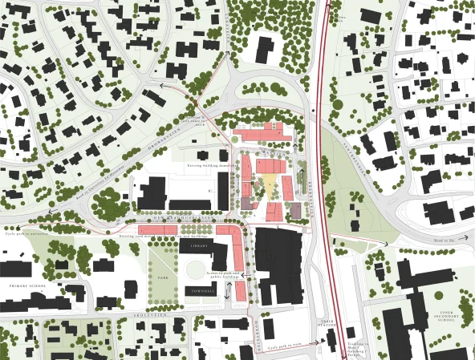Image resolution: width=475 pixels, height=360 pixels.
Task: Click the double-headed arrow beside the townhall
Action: coord(228,293)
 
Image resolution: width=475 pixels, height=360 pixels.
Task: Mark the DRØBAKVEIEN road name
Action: coord(142,137)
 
